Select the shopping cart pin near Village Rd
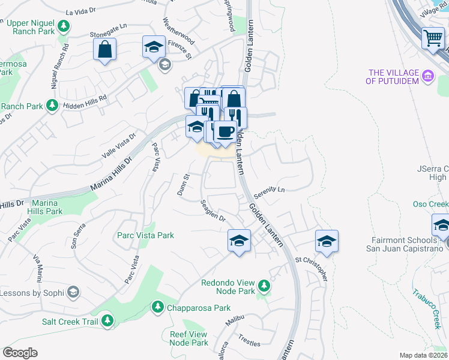click(x=433, y=38)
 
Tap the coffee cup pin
click(x=225, y=132)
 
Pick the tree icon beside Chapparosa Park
click(x=157, y=307)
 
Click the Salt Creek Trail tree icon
click(x=107, y=320)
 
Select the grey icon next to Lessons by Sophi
click(x=73, y=292)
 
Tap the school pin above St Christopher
click(x=327, y=241)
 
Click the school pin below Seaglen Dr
click(x=239, y=241)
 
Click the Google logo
click(x=20, y=352)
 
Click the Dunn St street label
click(x=183, y=185)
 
